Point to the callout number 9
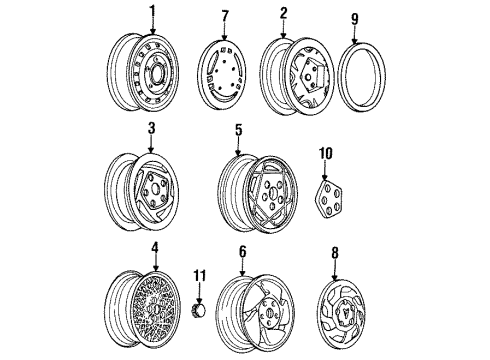coord(355,18)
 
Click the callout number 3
coord(150,128)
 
